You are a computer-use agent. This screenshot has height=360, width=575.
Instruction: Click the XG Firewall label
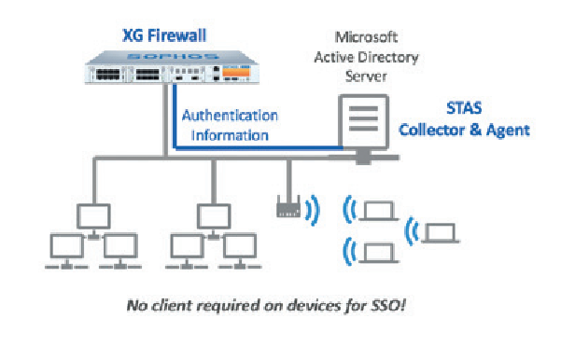(164, 35)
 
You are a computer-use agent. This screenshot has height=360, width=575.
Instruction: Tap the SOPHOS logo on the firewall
(173, 57)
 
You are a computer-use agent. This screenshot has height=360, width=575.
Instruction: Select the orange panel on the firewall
(236, 72)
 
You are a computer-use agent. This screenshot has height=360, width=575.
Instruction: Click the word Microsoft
(366, 37)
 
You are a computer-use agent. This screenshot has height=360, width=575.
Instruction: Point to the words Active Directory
(366, 58)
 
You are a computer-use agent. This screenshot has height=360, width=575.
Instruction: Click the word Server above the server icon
(366, 76)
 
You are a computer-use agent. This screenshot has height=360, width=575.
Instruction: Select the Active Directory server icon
(363, 128)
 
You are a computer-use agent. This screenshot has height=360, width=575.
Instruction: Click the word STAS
(464, 108)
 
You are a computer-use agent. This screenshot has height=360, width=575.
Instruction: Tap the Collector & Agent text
(464, 130)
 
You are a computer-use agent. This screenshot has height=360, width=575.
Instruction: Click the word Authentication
(230, 116)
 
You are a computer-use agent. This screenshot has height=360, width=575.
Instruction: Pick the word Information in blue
(230, 135)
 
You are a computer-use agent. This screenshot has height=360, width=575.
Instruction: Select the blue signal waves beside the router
(313, 210)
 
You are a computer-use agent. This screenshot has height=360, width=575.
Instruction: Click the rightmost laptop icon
(440, 233)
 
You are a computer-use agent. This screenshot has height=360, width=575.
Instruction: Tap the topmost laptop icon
(378, 212)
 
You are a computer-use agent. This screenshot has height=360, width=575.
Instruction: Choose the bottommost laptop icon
(378, 253)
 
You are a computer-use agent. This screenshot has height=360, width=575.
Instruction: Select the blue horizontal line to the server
(259, 148)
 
